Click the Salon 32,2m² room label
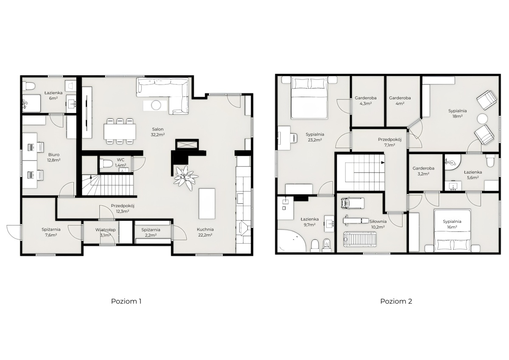coord(158,132)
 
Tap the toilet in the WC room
coord(106,163)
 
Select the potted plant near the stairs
coord(186,178)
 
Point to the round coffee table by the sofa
coord(156,105)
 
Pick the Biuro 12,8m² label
coord(54,157)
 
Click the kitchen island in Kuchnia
coord(207,203)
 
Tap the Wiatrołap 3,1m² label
coord(106,232)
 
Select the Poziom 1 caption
coord(126,301)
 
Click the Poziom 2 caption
coord(396,301)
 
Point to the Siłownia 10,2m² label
coord(378,224)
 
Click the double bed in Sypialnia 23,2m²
coord(310,98)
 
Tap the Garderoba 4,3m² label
coord(366,101)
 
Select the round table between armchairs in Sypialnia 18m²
coord(482,119)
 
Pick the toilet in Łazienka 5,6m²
coord(491,160)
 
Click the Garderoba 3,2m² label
coord(423,171)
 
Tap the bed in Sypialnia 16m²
coord(452,231)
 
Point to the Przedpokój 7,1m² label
coord(390,142)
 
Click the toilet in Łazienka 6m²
coord(29,86)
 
